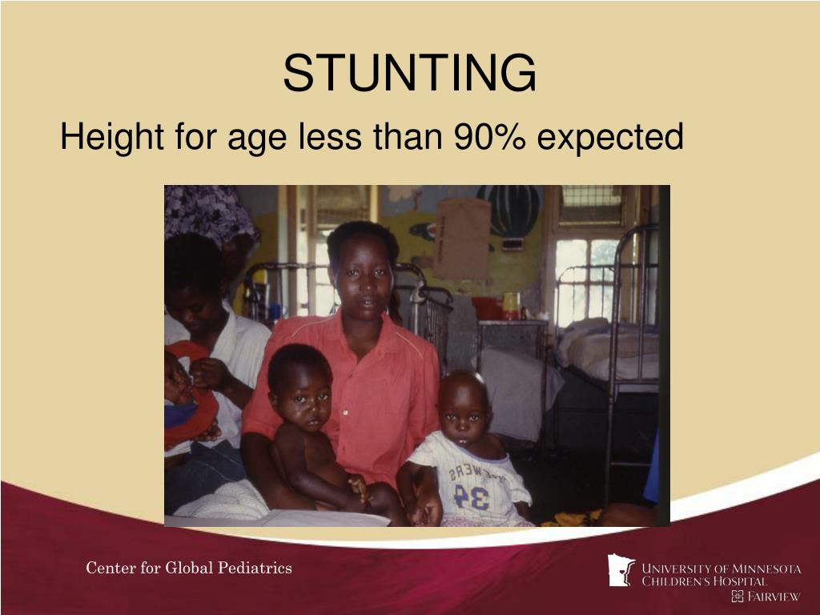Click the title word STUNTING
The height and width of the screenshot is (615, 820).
[409, 73]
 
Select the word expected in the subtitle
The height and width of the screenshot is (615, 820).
[610, 138]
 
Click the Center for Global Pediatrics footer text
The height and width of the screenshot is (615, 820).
[189, 569]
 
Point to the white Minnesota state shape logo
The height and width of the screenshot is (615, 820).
[621, 570]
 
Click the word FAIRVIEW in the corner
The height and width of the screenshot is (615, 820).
[774, 597]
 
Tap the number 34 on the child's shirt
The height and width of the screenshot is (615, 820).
[471, 496]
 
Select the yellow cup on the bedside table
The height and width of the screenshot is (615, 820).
[510, 305]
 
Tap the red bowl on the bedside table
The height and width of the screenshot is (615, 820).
[486, 307]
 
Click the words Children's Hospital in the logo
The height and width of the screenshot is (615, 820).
[704, 582]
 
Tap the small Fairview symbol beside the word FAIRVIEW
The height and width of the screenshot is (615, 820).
[738, 597]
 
